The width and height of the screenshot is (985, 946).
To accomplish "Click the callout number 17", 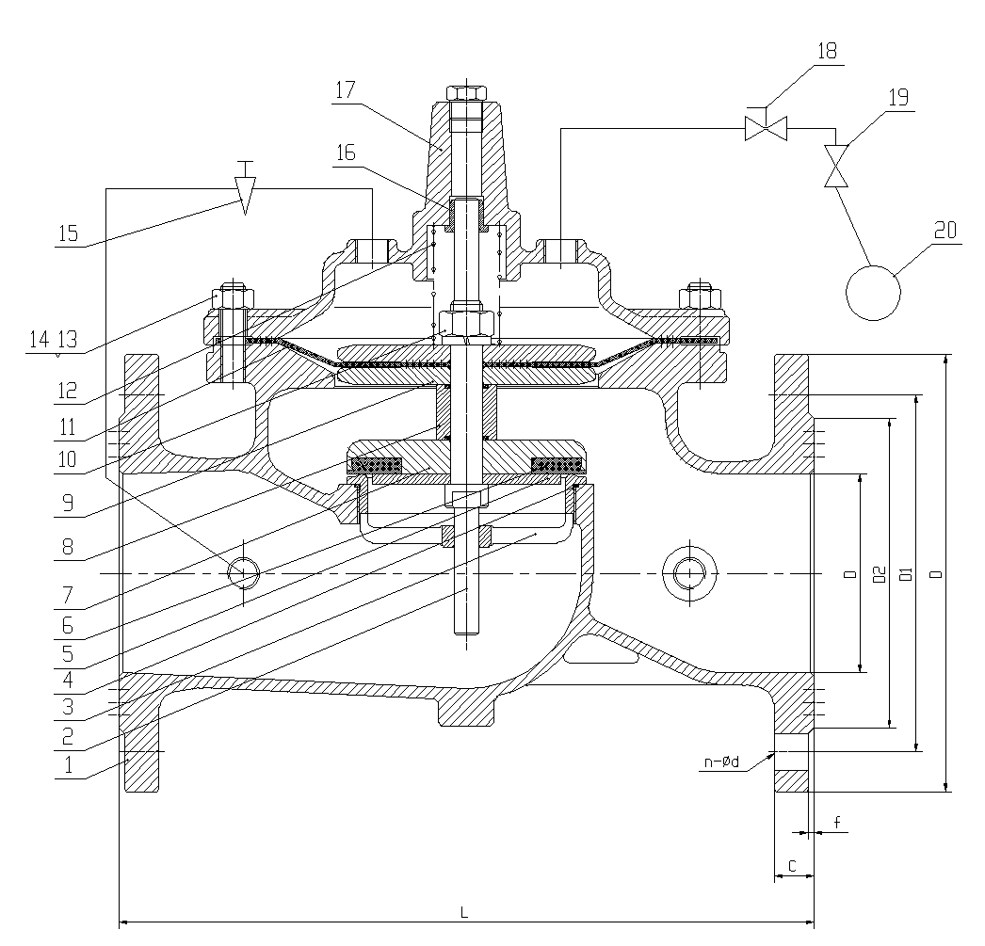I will point(344,91).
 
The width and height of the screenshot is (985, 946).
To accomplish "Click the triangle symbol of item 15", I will point(245,192).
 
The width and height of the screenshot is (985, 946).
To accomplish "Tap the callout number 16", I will point(346,153).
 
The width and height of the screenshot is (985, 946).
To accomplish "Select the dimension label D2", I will point(879,573).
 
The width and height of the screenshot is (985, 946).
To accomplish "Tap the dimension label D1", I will point(905,573).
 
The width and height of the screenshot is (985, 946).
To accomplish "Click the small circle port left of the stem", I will point(245,571).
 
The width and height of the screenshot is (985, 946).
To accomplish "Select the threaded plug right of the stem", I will point(685,571).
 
